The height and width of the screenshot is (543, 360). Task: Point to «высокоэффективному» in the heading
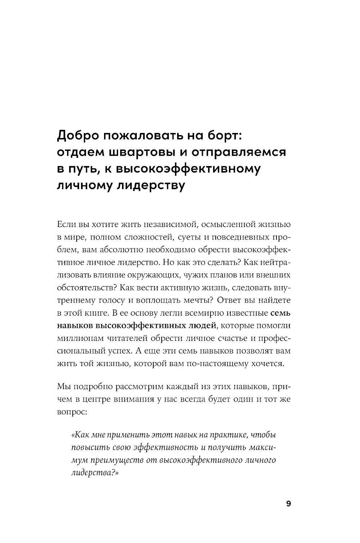pyautogui.click(x=187, y=169)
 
